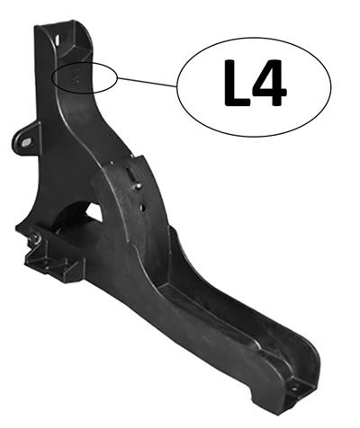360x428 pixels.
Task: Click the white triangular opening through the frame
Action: [91, 214]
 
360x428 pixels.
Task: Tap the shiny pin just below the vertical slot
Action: [139, 186]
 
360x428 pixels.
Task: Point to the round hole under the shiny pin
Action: [142, 206]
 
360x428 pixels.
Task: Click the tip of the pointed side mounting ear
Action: [15, 140]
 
